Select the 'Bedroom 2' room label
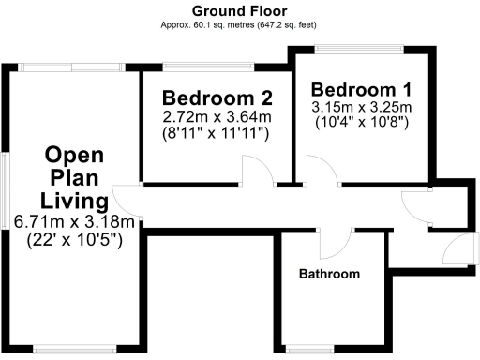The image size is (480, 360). pyautogui.click(x=217, y=98)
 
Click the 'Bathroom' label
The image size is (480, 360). pyautogui.click(x=329, y=275)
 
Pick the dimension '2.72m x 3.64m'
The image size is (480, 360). pyautogui.click(x=217, y=117)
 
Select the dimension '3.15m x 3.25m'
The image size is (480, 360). pyautogui.click(x=360, y=107)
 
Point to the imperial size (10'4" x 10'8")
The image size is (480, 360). pyautogui.click(x=360, y=123)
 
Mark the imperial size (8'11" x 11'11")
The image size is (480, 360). pyautogui.click(x=217, y=134)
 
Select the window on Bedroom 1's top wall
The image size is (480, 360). pyautogui.click(x=362, y=48)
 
